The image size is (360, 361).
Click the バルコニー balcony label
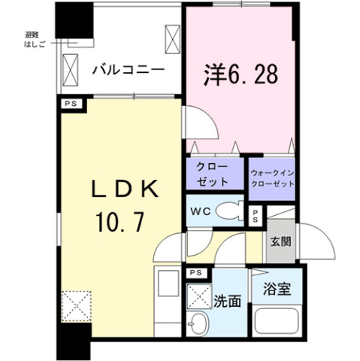tap(129, 70)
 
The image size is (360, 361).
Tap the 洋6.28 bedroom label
tap(241, 74)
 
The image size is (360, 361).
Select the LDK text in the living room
tap(125, 189)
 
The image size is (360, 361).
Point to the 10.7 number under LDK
tap(120, 221)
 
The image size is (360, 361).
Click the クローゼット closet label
tap(213, 174)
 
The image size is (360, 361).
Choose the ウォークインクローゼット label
tap(272, 178)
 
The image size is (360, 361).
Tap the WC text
tap(201, 212)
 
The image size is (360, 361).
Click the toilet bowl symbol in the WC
tap(230, 211)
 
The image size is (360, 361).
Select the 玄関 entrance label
tap(280, 242)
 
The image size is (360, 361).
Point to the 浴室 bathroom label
tap(277, 289)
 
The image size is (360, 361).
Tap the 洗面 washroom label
tap(227, 301)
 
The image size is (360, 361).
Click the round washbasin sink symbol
tap(198, 323)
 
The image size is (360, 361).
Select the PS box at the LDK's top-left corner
tap(71, 104)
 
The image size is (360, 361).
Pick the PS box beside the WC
tap(256, 217)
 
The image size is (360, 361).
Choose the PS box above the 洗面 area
tap(196, 273)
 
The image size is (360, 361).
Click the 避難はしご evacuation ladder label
tap(35, 40)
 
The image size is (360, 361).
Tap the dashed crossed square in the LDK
tap(76, 306)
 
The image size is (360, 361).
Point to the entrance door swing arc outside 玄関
tap(316, 241)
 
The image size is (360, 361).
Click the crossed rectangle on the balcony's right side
tap(173, 39)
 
